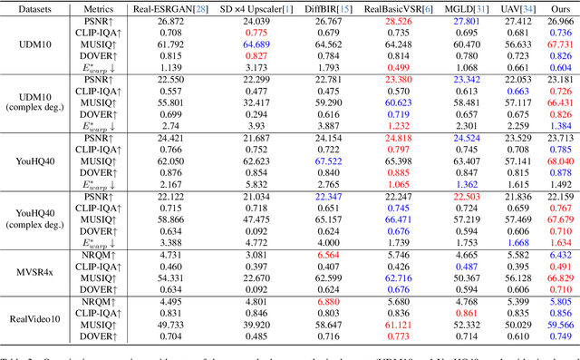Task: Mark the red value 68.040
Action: coord(560,161)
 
